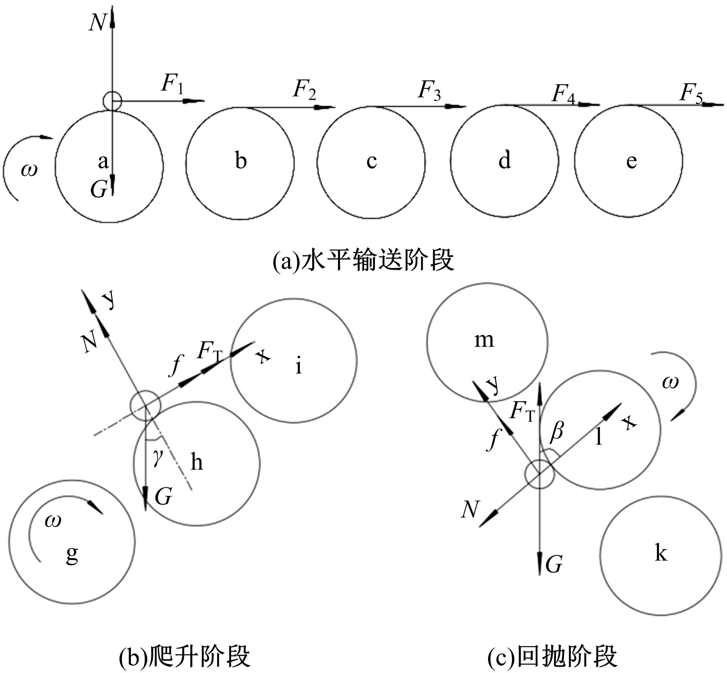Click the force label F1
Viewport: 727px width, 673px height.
tap(172, 85)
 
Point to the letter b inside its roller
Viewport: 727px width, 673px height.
tap(241, 160)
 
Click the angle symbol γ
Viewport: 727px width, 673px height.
tap(157, 458)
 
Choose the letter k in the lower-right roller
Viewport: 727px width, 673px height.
tap(661, 554)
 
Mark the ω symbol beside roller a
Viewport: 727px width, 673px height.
tap(29, 170)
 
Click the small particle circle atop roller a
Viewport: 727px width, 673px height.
tap(112, 101)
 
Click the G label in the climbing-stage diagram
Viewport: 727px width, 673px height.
tap(163, 496)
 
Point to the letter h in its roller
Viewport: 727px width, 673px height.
tap(197, 463)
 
